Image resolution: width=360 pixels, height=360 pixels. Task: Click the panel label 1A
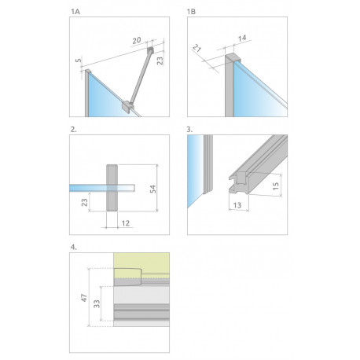[x=75, y=12]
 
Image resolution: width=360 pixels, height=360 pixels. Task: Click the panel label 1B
[x=191, y=12]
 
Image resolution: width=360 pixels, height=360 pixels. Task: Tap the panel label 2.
[x=74, y=130]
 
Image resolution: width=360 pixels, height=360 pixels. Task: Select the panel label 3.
[x=189, y=130]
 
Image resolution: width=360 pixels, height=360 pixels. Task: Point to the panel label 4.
[x=74, y=247]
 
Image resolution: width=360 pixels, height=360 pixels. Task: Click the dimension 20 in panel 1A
[x=137, y=41]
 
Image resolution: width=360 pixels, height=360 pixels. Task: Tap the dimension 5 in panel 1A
[x=79, y=61]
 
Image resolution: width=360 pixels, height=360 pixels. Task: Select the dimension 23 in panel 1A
[x=160, y=61]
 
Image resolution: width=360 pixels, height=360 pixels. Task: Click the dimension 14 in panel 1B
[x=242, y=39]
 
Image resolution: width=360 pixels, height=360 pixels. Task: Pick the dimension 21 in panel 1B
[x=197, y=48]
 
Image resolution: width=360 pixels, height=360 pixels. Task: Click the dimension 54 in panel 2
[x=152, y=189]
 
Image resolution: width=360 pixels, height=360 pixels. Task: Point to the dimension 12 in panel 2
[x=126, y=223]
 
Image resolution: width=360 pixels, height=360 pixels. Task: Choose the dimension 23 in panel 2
[x=84, y=202]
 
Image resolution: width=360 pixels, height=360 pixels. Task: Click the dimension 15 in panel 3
[x=275, y=186]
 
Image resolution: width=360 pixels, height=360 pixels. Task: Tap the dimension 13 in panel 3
[x=237, y=205]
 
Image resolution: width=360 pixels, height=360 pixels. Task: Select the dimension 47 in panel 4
[x=84, y=298]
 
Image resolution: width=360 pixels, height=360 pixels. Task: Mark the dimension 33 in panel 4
[x=97, y=303]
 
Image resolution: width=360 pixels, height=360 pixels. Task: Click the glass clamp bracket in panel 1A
[x=128, y=106]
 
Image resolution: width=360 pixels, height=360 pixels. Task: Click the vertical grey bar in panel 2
[x=112, y=188]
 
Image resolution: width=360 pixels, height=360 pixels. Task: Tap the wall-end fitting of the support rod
[x=150, y=50]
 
